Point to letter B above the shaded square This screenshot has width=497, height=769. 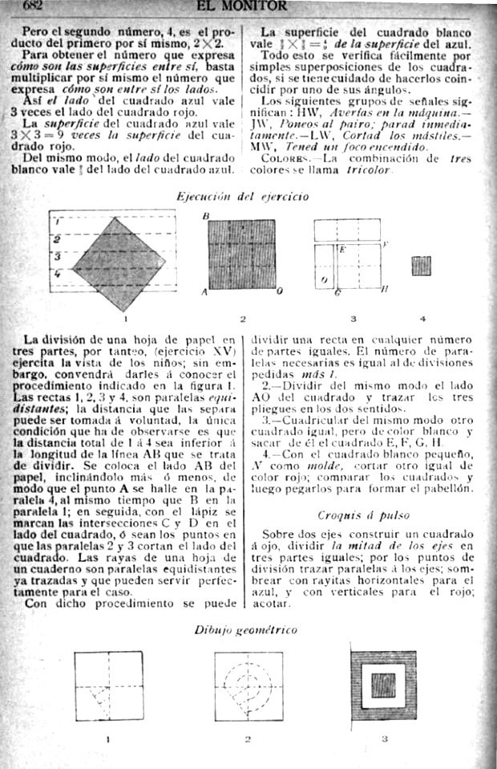click(x=205, y=217)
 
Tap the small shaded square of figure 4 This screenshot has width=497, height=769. click(x=421, y=266)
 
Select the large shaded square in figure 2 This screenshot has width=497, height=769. click(x=240, y=254)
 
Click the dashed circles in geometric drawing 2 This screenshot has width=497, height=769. click(x=248, y=686)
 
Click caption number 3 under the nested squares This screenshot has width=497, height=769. click(x=384, y=738)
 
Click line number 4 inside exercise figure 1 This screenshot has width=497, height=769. click(x=57, y=274)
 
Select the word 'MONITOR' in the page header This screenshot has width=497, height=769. click(x=254, y=6)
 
